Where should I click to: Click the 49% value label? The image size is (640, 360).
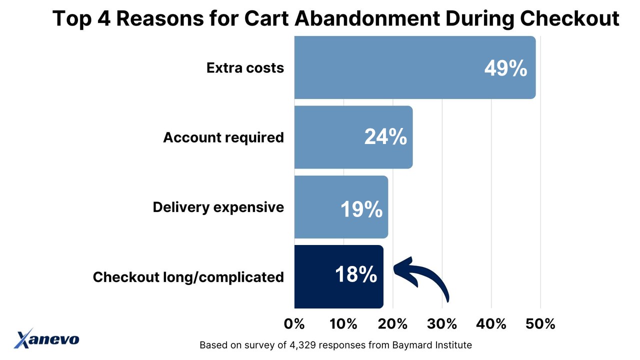pyautogui.click(x=505, y=68)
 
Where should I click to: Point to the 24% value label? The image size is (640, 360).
pyautogui.click(x=385, y=137)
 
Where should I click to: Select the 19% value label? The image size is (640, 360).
pyautogui.click(x=361, y=209)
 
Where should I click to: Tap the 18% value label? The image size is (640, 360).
pyautogui.click(x=356, y=274)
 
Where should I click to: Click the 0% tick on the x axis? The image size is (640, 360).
pyautogui.click(x=294, y=324)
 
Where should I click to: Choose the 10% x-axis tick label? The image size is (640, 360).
pyautogui.click(x=343, y=324)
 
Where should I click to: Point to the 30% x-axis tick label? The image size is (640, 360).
pyautogui.click(x=442, y=324)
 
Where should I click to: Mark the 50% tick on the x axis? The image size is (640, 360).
pyautogui.click(x=540, y=324)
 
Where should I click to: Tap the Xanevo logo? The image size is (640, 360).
pyautogui.click(x=46, y=338)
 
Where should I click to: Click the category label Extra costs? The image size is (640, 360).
pyautogui.click(x=245, y=68)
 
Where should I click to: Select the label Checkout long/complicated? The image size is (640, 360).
pyautogui.click(x=188, y=276)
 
